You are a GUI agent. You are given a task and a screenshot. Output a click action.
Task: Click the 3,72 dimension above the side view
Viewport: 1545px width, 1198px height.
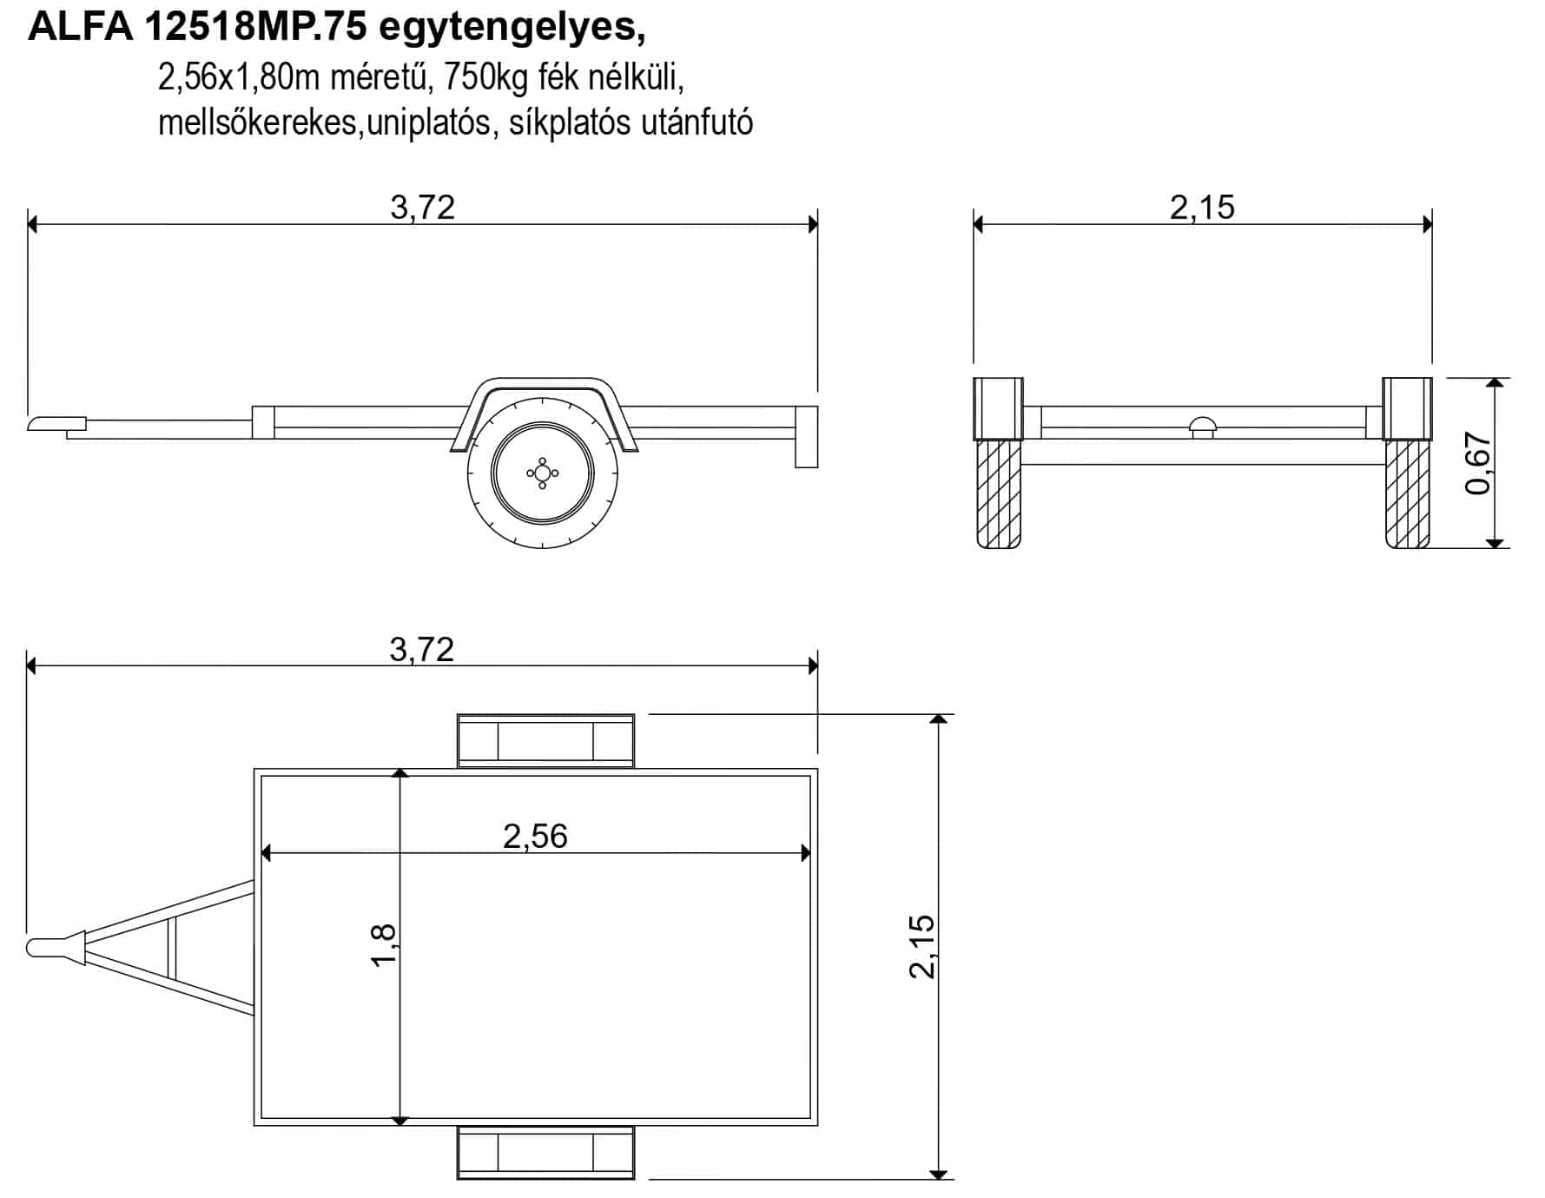(x=423, y=208)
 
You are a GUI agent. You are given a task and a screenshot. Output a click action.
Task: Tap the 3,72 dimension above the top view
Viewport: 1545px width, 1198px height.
(x=422, y=650)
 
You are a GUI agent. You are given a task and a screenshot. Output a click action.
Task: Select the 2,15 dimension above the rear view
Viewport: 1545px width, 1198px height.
(x=1203, y=208)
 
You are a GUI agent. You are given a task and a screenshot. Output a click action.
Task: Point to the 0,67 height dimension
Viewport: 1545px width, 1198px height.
(x=1477, y=464)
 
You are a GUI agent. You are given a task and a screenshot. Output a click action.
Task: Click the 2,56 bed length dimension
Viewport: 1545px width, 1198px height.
(x=535, y=837)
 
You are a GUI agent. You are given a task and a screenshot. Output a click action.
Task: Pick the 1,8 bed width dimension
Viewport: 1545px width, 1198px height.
(x=383, y=944)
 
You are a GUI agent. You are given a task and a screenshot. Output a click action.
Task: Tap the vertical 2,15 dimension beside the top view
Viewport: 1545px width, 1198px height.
(x=921, y=947)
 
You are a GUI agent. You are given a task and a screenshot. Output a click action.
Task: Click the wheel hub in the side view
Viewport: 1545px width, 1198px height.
(x=543, y=473)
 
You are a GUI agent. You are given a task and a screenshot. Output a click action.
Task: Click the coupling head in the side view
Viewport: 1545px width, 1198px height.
(x=56, y=423)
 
